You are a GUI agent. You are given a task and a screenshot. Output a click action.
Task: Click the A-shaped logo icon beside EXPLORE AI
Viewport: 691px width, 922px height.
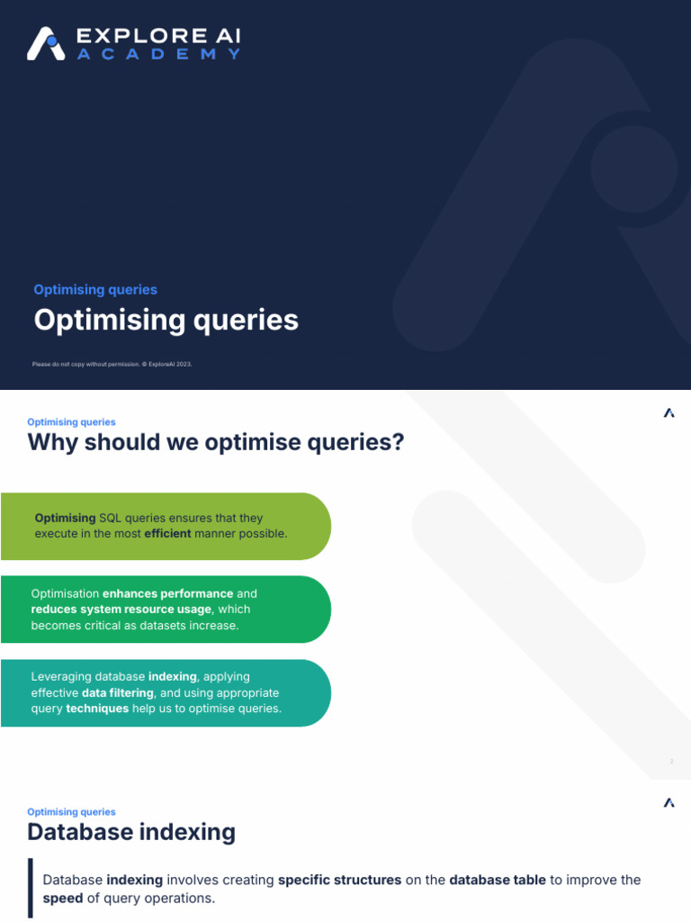[46, 43]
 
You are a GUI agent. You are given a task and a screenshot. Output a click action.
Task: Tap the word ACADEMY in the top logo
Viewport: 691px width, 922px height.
[158, 54]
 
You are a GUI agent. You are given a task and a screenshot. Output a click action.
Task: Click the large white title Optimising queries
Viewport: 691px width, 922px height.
[166, 320]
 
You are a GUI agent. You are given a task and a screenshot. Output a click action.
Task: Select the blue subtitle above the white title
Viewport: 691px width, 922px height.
[95, 290]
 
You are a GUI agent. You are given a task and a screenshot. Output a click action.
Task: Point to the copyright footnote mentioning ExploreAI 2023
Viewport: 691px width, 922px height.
[112, 364]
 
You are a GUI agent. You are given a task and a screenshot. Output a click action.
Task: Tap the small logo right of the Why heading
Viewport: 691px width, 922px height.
[669, 413]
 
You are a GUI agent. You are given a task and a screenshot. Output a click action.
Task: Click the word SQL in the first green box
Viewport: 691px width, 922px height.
[111, 518]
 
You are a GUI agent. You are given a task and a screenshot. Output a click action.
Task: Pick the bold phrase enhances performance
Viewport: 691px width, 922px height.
[168, 593]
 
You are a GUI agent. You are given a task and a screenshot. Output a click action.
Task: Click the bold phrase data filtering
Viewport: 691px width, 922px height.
[118, 692]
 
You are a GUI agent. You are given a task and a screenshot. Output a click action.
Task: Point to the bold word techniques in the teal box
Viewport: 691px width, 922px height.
[97, 709]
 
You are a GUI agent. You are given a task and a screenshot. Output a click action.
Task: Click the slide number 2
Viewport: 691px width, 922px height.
[671, 762]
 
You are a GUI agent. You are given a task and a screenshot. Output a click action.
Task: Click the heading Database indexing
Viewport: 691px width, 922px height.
[131, 832]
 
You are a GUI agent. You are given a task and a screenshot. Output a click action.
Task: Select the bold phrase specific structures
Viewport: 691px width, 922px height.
[339, 880]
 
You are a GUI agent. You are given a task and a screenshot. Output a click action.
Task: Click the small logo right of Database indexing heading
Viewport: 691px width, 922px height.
[669, 802]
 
